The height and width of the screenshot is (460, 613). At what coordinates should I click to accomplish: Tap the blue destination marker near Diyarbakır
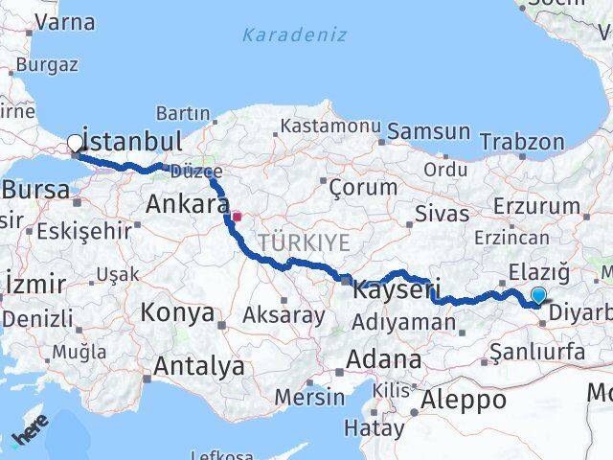coord(539,295)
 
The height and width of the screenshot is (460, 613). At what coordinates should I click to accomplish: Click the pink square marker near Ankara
coord(236,217)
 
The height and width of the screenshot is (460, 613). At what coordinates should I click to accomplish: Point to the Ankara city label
coord(185,203)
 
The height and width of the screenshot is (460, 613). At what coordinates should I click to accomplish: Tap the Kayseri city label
coord(397,287)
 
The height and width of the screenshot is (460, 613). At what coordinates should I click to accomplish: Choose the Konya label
coord(176,312)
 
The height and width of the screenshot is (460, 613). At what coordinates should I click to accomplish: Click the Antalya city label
coord(198,366)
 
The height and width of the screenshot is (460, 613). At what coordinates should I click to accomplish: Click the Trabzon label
coord(522,142)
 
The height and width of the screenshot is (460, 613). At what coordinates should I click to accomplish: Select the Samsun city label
coord(428,131)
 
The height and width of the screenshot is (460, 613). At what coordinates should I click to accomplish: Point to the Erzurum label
coord(537,206)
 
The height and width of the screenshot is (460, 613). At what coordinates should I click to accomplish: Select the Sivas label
coord(443,213)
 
